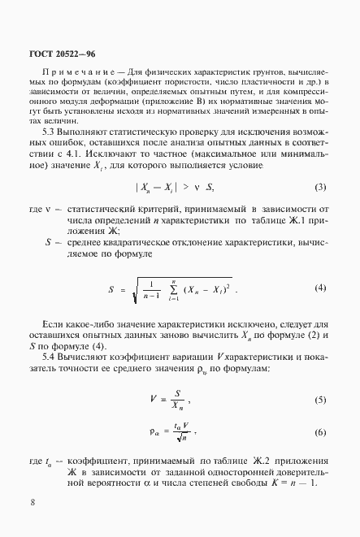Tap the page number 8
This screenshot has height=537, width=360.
[32, 501]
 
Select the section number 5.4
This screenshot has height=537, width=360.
[49, 358]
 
